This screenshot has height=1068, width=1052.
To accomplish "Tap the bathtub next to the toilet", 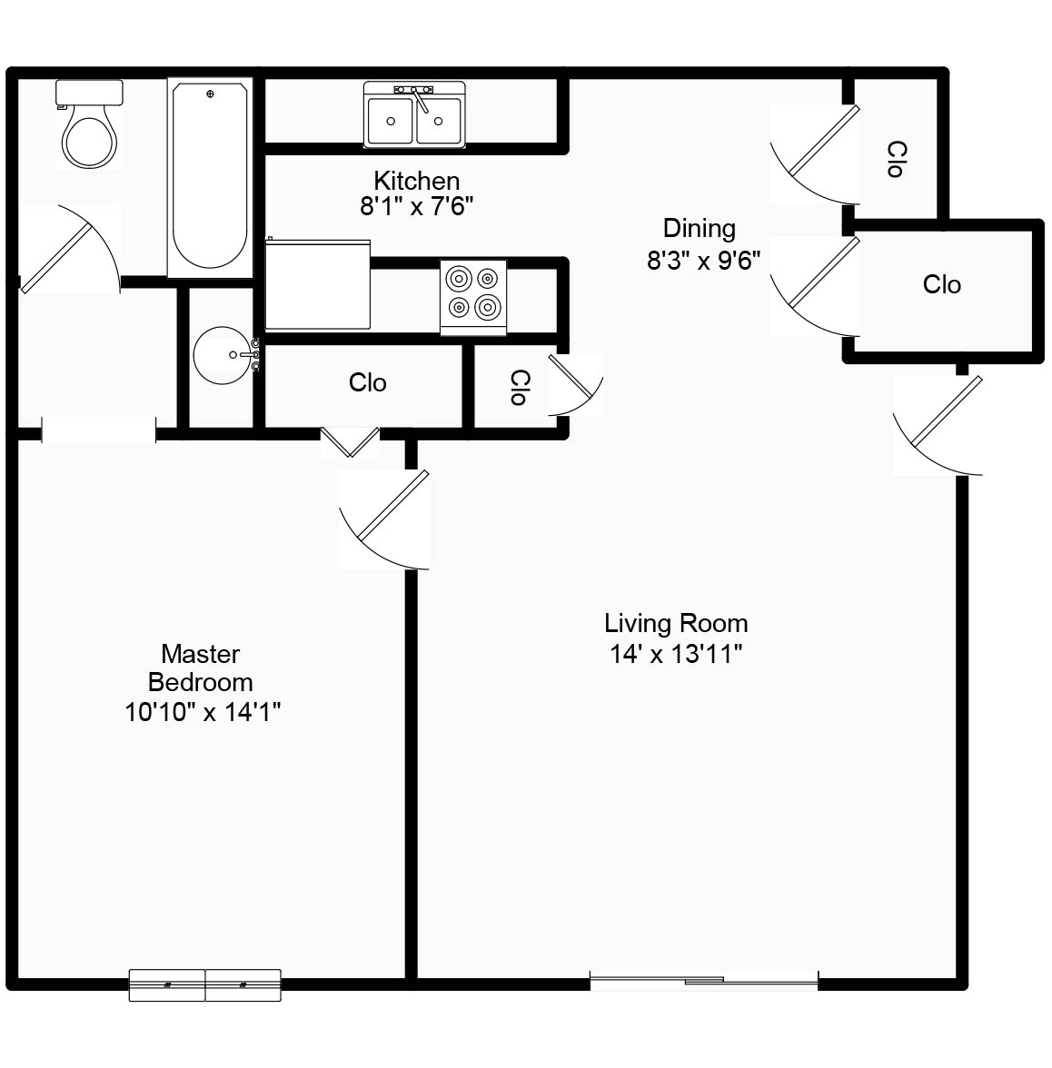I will coord(209,177).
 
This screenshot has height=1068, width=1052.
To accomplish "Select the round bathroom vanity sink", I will coord(221,354).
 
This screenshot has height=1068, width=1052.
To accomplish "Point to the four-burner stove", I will coord(473,294).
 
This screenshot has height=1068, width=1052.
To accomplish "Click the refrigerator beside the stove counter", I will coord(317,284).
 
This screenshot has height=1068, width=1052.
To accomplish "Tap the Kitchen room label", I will coord(417,180).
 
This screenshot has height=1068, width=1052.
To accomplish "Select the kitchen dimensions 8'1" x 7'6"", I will coord(417,207).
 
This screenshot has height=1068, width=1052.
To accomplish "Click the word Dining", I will coord(699,228).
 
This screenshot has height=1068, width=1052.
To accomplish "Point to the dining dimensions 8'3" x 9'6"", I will coord(703,261).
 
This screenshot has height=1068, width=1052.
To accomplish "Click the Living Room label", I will coord(676,623).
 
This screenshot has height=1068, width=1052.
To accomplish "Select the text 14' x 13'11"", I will coord(676,654).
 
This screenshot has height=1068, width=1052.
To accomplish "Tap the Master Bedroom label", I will coord(201,667).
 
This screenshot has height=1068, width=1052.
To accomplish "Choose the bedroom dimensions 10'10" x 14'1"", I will coord(202,712).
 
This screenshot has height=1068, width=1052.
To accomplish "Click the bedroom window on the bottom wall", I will coord(204,984).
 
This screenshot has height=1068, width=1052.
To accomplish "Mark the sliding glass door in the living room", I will coord(704,980).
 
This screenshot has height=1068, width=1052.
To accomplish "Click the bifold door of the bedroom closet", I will coord(350,441).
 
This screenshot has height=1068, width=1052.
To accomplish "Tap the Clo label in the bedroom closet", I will coord(367,382).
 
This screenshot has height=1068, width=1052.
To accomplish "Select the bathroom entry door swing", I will coord(68,250).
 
